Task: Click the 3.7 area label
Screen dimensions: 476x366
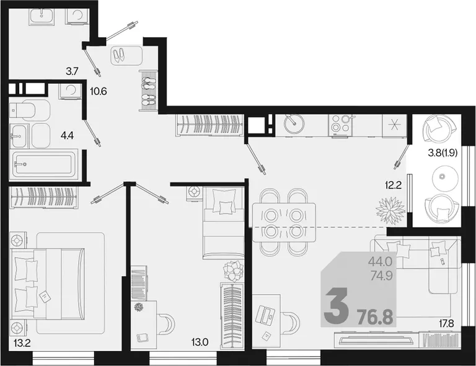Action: click(73, 72)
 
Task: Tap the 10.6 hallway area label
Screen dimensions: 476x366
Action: click(99, 91)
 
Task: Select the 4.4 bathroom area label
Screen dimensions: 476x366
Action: click(67, 135)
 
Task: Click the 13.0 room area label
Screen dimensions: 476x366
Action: click(200, 342)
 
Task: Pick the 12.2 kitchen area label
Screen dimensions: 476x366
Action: click(394, 185)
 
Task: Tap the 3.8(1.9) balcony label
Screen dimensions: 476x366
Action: click(443, 153)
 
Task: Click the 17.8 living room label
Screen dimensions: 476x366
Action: click(446, 323)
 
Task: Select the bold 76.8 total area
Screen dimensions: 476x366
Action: click(375, 318)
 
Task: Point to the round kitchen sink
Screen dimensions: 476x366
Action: click(294, 123)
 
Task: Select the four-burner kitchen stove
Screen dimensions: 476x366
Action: click(340, 125)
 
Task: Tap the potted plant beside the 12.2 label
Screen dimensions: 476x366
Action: click(390, 210)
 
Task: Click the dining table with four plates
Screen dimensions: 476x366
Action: click(284, 222)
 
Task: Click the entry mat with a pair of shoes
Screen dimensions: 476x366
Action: click(126, 55)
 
